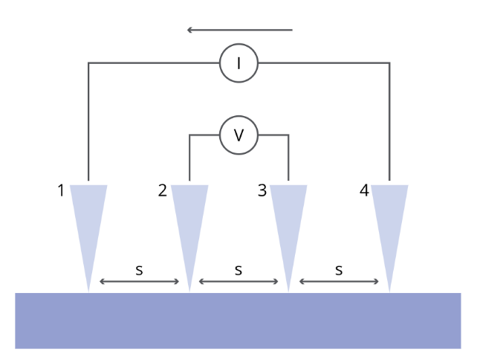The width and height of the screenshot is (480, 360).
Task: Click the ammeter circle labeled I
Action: click(x=239, y=63)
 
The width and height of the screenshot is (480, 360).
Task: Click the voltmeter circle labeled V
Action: click(x=239, y=135)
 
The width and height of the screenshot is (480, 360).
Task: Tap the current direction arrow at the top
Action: click(x=239, y=30)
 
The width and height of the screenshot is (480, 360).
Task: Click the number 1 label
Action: click(x=61, y=191)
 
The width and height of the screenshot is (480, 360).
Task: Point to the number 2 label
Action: click(x=162, y=191)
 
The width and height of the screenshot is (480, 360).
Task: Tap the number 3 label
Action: click(x=262, y=191)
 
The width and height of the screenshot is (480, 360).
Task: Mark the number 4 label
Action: click(x=364, y=191)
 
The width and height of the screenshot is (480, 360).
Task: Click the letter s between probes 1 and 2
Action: click(x=139, y=270)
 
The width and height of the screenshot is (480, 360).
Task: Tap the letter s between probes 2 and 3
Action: click(x=239, y=270)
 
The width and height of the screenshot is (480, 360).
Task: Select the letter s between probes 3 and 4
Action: click(x=339, y=270)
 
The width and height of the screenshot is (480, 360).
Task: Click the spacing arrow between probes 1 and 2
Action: click(x=139, y=281)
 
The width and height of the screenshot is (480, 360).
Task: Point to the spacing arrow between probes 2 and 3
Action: click(x=239, y=281)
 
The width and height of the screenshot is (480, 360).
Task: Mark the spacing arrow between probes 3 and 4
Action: click(x=339, y=281)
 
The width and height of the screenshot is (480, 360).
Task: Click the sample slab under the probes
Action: click(x=238, y=321)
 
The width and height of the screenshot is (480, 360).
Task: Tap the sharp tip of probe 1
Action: click(x=88, y=289)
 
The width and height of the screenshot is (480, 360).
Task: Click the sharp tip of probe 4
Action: click(x=389, y=289)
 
